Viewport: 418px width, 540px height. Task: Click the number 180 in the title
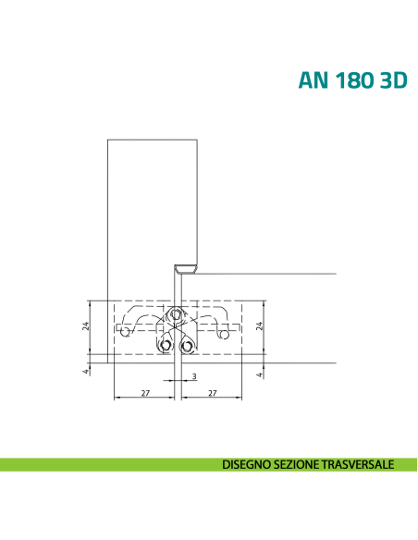pos(354,80)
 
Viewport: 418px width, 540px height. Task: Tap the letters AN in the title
pos(313,80)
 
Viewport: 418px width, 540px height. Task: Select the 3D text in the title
pos(394,80)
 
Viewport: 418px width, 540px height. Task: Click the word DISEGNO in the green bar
pos(246,464)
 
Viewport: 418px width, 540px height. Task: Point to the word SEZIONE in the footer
pos(297,464)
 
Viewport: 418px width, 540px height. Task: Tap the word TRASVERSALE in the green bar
pos(358,464)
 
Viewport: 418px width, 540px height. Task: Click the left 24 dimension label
pos(85,325)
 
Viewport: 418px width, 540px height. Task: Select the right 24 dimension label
pos(260,325)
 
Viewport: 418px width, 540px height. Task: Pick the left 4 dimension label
pos(85,372)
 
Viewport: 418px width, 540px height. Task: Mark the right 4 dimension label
pos(260,374)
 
